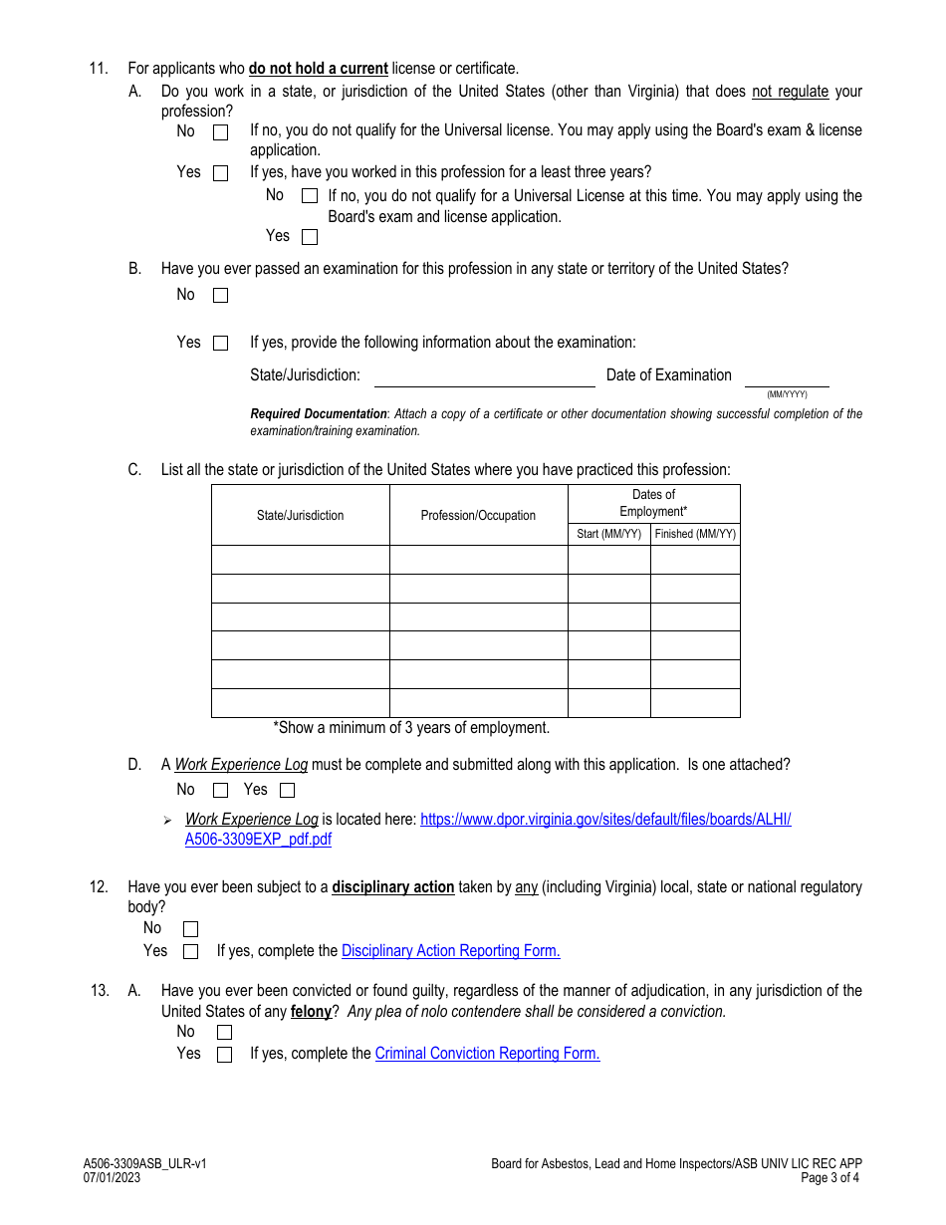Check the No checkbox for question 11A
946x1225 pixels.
click(x=220, y=131)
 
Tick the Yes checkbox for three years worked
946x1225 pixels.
click(x=310, y=237)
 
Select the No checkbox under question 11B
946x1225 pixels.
click(x=220, y=295)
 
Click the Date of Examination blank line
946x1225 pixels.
click(x=787, y=378)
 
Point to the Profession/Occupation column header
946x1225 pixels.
click(x=478, y=516)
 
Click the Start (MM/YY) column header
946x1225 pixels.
click(x=608, y=534)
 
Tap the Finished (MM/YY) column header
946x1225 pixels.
click(x=695, y=534)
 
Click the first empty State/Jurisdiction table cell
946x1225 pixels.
click(x=300, y=560)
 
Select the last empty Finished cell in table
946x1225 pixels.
click(x=695, y=703)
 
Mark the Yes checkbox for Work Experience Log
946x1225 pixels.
click(x=287, y=791)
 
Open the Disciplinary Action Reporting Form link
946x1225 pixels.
click(x=450, y=951)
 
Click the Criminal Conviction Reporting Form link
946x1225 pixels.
click(x=487, y=1054)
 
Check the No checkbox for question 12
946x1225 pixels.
click(x=190, y=929)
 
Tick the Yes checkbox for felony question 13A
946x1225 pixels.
click(x=224, y=1055)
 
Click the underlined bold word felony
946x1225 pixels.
click(x=311, y=1012)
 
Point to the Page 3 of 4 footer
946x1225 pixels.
click(x=829, y=1177)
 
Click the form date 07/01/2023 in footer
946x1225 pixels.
click(x=112, y=1177)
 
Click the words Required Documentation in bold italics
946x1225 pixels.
click(x=318, y=414)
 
